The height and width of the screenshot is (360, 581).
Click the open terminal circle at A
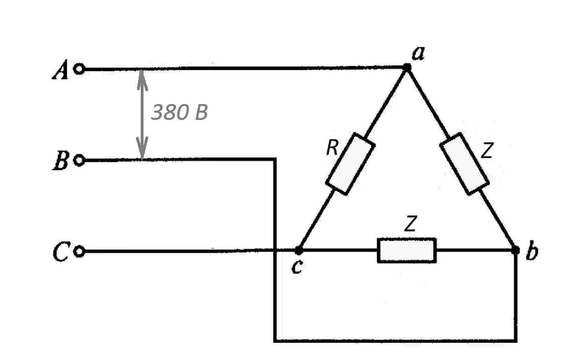click(x=79, y=69)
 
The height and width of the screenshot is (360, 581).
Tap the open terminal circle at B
click(x=79, y=160)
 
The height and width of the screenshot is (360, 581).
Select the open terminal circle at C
click(x=79, y=252)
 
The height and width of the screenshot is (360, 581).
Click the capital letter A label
click(x=61, y=70)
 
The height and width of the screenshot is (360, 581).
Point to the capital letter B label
click(x=61, y=160)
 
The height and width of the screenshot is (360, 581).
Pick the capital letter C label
click(x=61, y=251)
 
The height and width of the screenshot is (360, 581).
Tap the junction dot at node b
click(x=515, y=250)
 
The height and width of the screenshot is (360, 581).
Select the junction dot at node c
click(x=299, y=251)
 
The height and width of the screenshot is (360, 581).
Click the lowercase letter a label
click(x=419, y=54)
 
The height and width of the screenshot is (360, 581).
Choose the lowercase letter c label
click(x=297, y=267)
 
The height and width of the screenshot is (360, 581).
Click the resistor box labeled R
click(x=350, y=164)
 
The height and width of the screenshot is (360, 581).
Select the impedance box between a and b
click(x=465, y=164)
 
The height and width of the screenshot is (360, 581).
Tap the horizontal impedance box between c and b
click(x=407, y=250)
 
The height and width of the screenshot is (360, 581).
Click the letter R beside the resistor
click(x=332, y=148)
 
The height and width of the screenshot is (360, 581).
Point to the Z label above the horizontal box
click(x=410, y=223)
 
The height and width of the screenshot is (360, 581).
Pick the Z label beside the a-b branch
click(x=487, y=150)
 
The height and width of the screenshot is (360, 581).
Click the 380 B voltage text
click(x=179, y=112)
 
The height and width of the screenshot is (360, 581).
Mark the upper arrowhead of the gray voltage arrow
click(x=142, y=79)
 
